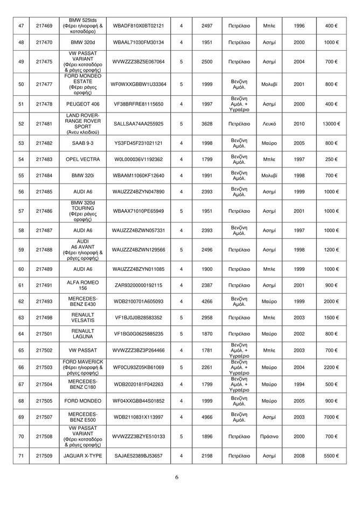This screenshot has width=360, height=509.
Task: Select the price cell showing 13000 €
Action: click(x=331, y=124)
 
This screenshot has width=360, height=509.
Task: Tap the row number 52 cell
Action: click(x=21, y=124)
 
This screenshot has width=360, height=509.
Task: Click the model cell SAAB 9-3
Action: click(x=82, y=144)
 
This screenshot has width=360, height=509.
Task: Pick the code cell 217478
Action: click(x=44, y=104)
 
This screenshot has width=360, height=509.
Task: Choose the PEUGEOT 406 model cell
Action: click(x=82, y=104)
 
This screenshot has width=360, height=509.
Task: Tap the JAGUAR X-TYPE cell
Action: click(x=82, y=456)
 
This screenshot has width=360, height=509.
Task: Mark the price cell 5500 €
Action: click(x=331, y=456)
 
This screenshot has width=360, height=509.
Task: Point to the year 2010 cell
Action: click(x=299, y=124)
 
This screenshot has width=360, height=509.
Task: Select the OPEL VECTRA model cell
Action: click(x=82, y=160)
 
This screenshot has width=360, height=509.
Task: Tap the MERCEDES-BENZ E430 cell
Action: click(x=82, y=301)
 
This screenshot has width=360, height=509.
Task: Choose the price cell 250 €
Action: click(x=331, y=160)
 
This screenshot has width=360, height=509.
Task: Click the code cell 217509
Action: click(x=44, y=456)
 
